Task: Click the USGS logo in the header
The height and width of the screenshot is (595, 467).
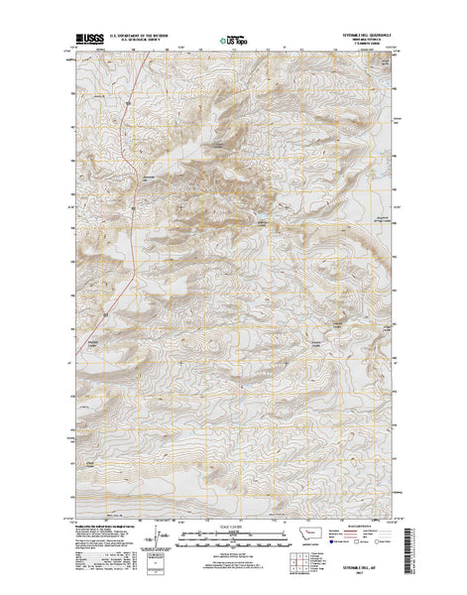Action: (87, 42)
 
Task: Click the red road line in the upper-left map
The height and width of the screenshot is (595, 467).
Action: (126, 149)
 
